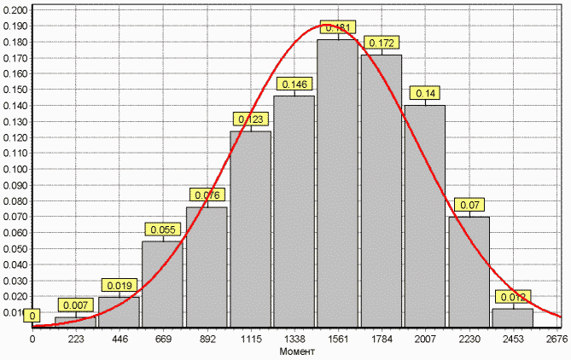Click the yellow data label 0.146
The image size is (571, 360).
point(294,84)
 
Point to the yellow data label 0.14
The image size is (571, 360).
point(425,93)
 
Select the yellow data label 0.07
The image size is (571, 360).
point(469,205)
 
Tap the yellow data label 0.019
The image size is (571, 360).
point(119,285)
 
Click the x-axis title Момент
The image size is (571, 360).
point(295,351)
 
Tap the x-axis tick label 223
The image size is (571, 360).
point(76,339)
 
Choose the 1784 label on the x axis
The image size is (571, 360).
point(382,339)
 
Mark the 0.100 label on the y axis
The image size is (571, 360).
point(15,169)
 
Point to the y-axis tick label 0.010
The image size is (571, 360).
point(15,312)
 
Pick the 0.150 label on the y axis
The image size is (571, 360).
point(15,89)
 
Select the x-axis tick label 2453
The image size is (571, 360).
point(512,339)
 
